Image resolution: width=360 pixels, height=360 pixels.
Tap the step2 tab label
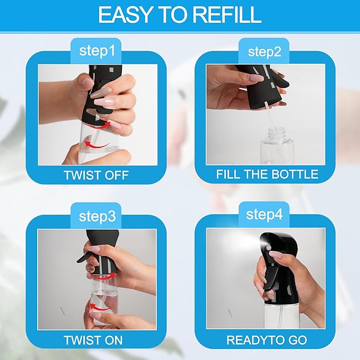pyautogui.click(x=265, y=51)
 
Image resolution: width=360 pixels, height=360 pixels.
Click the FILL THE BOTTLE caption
pyautogui.click(x=267, y=174)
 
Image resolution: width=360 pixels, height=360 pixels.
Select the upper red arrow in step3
pyautogui.click(x=102, y=276)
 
